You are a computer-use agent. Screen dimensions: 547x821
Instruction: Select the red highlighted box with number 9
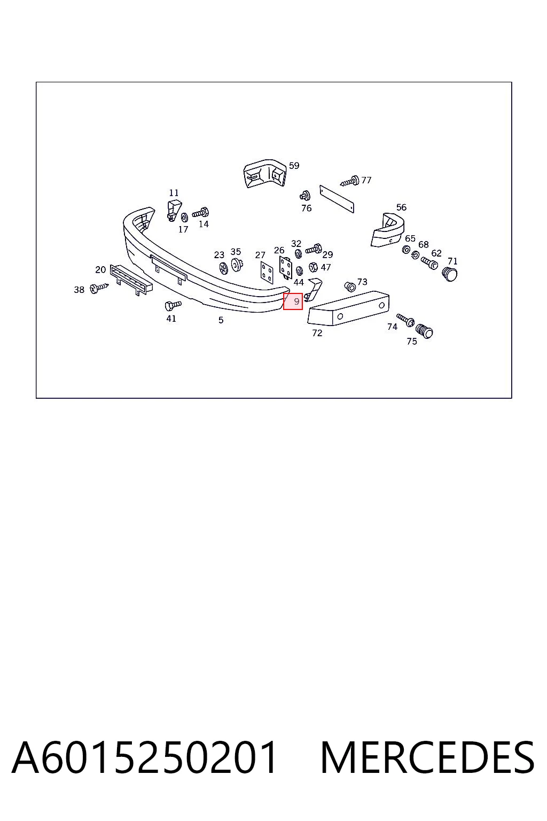(x=293, y=301)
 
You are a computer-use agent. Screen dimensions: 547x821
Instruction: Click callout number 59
(x=294, y=166)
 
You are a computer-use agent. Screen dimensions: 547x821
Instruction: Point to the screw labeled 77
(x=350, y=181)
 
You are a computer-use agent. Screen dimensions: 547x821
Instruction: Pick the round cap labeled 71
(x=450, y=274)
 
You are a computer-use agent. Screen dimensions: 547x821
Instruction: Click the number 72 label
(x=317, y=333)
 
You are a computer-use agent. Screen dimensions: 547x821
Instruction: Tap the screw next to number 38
(x=99, y=288)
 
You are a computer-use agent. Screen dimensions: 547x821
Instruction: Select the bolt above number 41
(x=173, y=305)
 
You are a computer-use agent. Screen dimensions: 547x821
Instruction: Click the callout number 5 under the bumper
(x=221, y=320)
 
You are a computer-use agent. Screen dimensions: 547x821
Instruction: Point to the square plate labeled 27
(x=267, y=272)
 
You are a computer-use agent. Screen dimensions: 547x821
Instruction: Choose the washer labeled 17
(x=184, y=218)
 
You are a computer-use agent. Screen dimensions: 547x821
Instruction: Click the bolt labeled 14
(x=201, y=213)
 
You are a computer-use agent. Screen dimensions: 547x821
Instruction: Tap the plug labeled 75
(x=425, y=331)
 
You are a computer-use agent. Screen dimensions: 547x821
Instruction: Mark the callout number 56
(x=401, y=207)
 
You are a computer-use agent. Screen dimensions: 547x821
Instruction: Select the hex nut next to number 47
(x=313, y=267)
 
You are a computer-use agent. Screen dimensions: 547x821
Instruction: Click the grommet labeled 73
(x=350, y=286)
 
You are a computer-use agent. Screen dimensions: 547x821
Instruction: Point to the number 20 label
(x=100, y=270)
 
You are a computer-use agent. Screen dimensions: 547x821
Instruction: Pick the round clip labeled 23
(x=223, y=268)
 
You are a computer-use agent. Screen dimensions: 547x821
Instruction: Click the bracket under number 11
(x=174, y=210)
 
